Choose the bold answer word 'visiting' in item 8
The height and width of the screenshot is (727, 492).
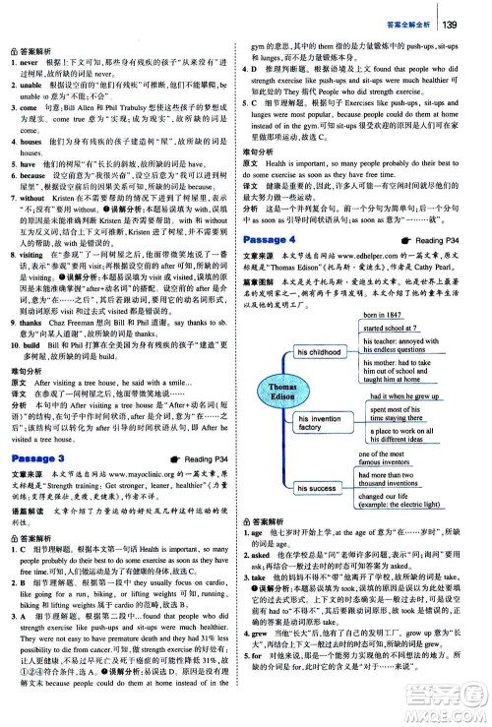31,254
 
